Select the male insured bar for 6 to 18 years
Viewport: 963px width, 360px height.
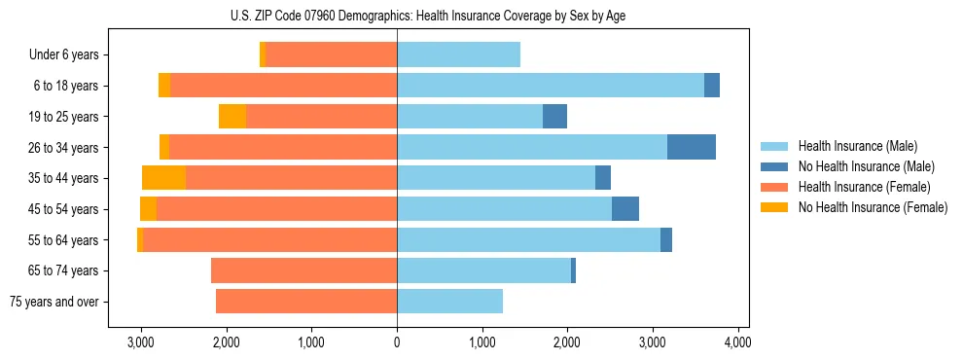click(x=550, y=86)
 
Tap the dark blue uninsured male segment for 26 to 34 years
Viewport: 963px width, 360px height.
click(x=692, y=147)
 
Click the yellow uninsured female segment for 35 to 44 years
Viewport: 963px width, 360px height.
click(x=163, y=178)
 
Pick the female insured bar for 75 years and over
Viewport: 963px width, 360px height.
click(x=305, y=302)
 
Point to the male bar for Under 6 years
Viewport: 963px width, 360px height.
click(x=458, y=54)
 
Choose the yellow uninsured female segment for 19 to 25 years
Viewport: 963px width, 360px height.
click(x=232, y=117)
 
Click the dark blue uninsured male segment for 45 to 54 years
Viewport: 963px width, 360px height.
click(x=625, y=209)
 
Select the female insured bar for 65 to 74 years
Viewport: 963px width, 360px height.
click(x=303, y=270)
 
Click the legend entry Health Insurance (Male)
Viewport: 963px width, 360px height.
click(x=857, y=146)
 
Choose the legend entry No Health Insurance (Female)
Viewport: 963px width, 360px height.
click(x=872, y=207)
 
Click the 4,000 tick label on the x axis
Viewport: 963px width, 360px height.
click(x=737, y=342)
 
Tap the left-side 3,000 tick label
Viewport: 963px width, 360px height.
click(x=141, y=342)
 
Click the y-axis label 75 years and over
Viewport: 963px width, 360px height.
click(x=53, y=302)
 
